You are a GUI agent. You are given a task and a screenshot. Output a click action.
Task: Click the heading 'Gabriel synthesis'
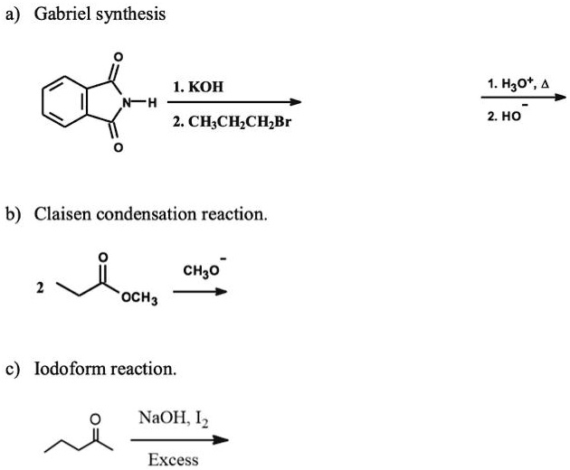coord(100,15)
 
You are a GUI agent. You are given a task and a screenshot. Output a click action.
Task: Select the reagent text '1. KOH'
coord(198,88)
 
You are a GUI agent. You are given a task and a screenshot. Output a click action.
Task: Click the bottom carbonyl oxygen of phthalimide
coord(116,147)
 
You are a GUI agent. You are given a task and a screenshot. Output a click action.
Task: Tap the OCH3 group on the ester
coord(140,299)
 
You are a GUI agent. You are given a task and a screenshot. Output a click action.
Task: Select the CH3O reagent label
coord(203,269)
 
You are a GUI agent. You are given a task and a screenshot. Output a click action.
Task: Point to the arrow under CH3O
coord(200,291)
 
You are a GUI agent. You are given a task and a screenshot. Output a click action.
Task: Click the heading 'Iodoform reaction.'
coord(105,369)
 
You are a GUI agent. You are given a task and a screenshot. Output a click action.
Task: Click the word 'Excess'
coord(173,460)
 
